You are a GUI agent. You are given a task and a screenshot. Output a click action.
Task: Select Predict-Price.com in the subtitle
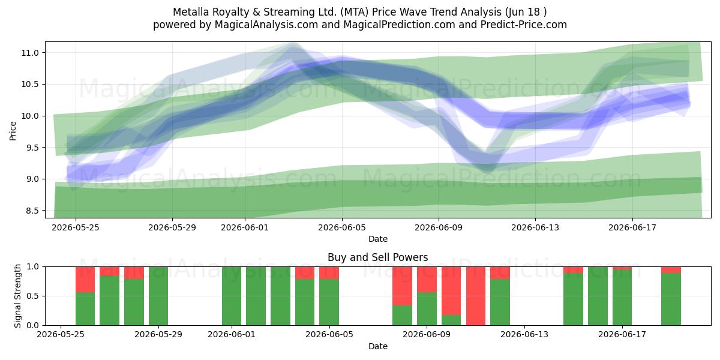click(524, 25)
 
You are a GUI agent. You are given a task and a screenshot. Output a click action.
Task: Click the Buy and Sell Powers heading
click(377, 257)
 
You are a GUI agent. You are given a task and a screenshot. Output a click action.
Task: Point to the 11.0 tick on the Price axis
click(30, 53)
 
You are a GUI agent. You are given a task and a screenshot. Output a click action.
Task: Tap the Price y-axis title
click(13, 131)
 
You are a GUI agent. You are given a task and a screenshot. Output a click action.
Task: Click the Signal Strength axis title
click(17, 296)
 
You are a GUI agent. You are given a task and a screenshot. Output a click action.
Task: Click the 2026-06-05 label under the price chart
click(342, 227)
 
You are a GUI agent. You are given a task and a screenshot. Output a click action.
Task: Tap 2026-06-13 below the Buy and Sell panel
click(524, 334)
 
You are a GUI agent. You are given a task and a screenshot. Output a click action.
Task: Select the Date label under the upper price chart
click(377, 239)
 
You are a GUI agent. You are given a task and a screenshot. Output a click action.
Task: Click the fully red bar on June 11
click(476, 296)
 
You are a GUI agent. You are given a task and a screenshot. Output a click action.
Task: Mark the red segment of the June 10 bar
click(451, 290)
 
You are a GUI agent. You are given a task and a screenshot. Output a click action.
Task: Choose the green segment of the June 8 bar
click(402, 316)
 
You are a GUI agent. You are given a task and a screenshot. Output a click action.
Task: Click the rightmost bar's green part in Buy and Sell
click(671, 299)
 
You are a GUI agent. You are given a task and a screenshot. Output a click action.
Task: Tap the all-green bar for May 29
click(158, 296)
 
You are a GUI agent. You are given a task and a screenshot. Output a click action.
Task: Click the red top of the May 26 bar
click(85, 280)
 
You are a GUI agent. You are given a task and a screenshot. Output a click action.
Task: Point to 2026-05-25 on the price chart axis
click(76, 227)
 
